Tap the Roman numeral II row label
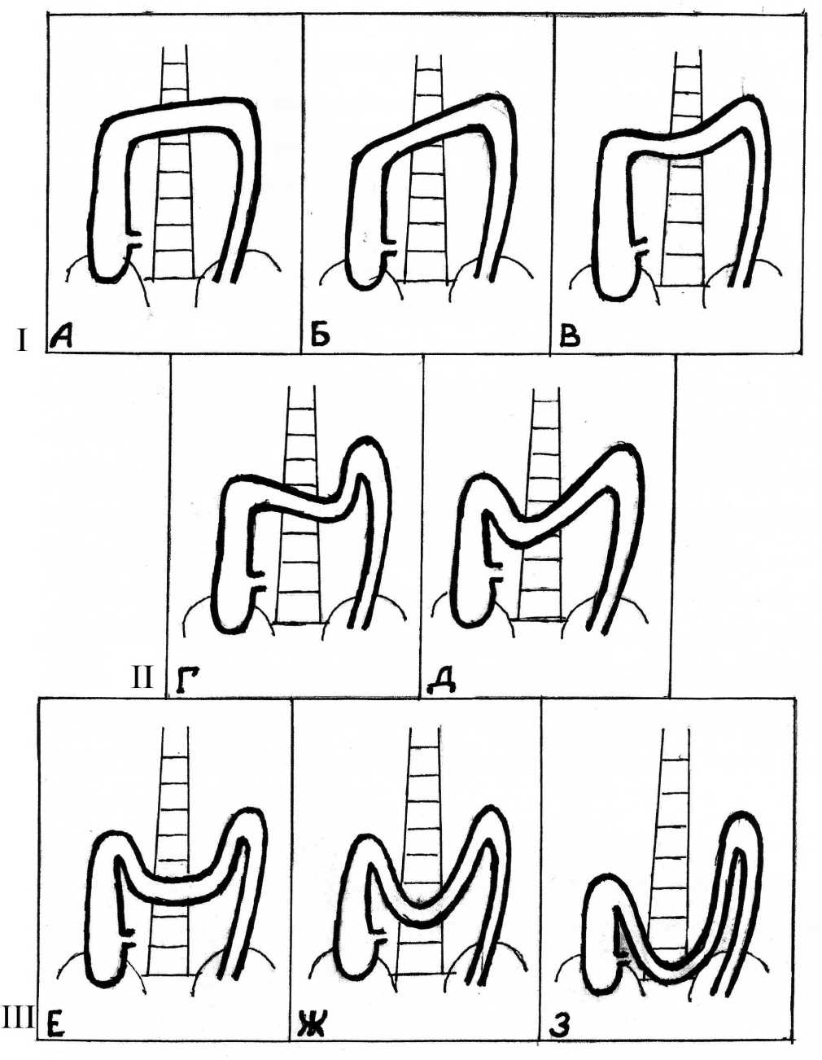(142, 677)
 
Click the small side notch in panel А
(136, 242)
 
